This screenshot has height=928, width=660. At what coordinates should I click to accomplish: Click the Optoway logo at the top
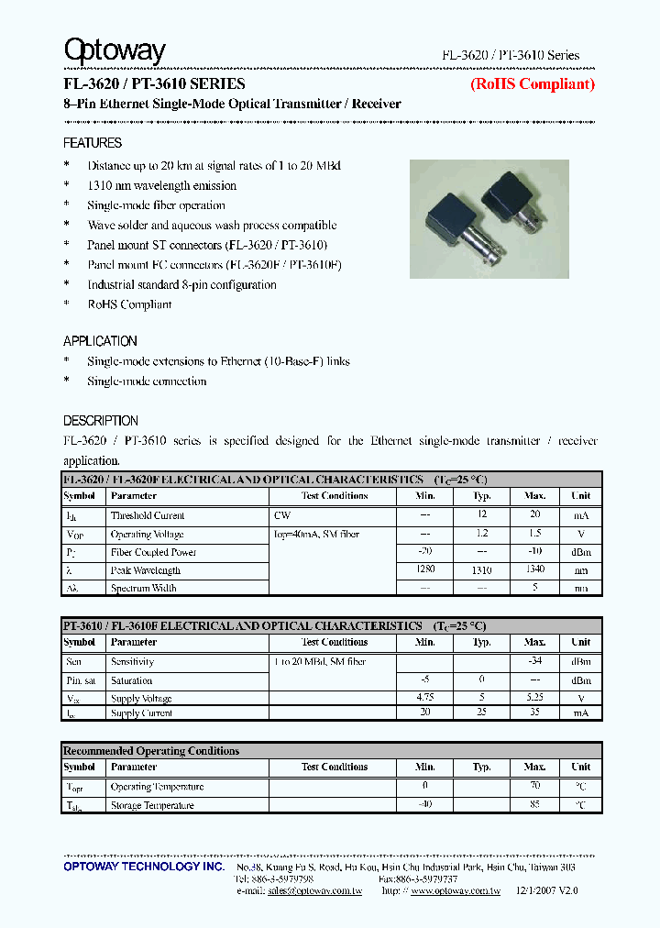click(x=115, y=51)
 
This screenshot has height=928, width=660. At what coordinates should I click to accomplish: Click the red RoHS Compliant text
click(x=532, y=84)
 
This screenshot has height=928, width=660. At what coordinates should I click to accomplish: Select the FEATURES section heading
click(x=93, y=143)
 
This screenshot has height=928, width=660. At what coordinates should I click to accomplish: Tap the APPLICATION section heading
click(x=100, y=340)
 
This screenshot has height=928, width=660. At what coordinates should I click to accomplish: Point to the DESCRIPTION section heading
click(x=101, y=421)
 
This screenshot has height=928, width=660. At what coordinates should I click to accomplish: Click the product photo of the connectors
click(x=489, y=220)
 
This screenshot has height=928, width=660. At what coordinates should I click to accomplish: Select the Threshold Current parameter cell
click(x=148, y=515)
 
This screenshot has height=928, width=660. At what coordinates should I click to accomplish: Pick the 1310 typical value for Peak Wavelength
click(x=481, y=570)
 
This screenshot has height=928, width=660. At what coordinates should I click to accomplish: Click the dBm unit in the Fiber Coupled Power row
click(x=580, y=552)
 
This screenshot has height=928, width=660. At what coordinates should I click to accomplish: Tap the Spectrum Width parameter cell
click(x=143, y=588)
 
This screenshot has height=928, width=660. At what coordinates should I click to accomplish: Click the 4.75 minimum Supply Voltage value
click(x=424, y=698)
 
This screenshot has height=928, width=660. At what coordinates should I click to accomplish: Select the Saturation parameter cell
click(x=132, y=680)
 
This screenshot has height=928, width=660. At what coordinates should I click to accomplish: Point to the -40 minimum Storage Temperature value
click(x=424, y=805)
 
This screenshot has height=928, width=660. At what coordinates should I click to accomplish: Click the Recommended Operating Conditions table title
click(x=151, y=751)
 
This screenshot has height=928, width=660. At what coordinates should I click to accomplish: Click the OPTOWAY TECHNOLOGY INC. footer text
click(x=144, y=867)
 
